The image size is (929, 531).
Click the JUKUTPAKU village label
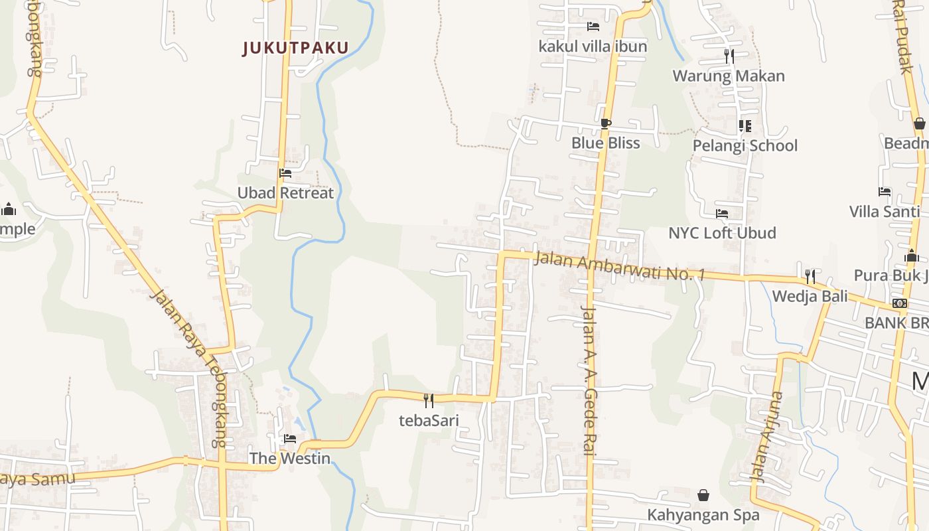(x=295, y=48)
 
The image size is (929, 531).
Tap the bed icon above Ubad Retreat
(x=285, y=173)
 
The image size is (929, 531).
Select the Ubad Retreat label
(x=285, y=193)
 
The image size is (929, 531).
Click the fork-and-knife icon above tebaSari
(x=429, y=400)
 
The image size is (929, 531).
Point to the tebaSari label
(x=429, y=420)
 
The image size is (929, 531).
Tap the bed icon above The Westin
(x=290, y=439)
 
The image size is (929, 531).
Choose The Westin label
(x=290, y=458)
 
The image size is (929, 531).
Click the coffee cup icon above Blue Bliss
(x=605, y=123)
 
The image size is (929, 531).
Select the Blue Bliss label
(x=605, y=143)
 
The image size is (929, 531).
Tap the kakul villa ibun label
(x=593, y=46)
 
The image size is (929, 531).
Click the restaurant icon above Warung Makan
(x=729, y=56)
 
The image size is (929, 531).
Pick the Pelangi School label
(x=745, y=145)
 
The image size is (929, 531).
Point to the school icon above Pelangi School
(x=745, y=125)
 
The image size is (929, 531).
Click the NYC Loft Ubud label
(x=722, y=233)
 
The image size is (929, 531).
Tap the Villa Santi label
(x=885, y=212)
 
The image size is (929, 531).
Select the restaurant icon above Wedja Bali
(x=810, y=276)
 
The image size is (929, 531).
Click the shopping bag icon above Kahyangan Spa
(x=703, y=495)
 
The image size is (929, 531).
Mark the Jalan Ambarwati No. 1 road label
(x=618, y=266)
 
